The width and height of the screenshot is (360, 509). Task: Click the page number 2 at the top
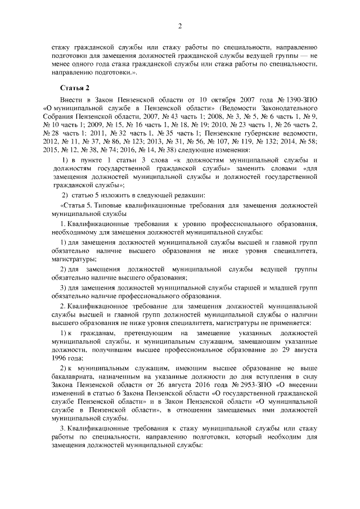tap(179, 25)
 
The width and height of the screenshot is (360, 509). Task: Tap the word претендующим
tap(141, 332)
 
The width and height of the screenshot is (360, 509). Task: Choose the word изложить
tap(109, 195)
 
